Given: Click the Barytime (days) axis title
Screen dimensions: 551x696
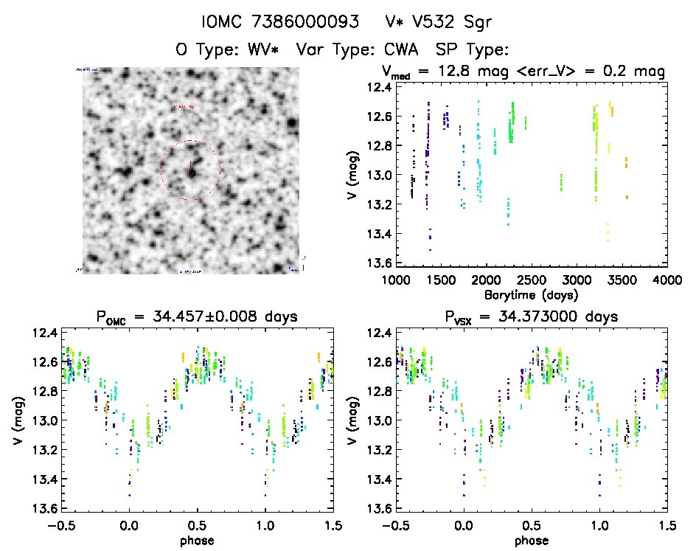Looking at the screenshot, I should point(531,294).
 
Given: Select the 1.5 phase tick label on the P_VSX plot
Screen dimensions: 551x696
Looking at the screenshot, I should point(667,524).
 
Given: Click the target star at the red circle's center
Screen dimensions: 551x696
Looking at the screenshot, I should point(191,173).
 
